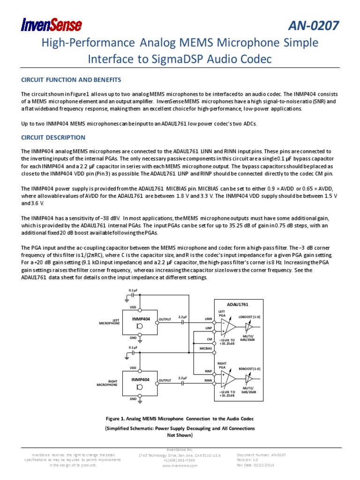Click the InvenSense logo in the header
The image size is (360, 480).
pos(51,24)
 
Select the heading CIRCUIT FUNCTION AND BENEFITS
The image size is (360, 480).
pos(71,79)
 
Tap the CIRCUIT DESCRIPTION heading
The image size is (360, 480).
pos(53,137)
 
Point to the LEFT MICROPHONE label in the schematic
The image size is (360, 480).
pos(109,322)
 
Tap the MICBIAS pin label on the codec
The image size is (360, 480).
pos(206,348)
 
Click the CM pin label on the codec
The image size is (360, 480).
pos(210,338)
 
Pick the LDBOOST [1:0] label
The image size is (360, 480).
pos(249,317)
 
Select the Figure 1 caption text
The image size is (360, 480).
pos(180,418)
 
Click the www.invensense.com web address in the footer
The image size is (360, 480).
pos(180,465)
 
